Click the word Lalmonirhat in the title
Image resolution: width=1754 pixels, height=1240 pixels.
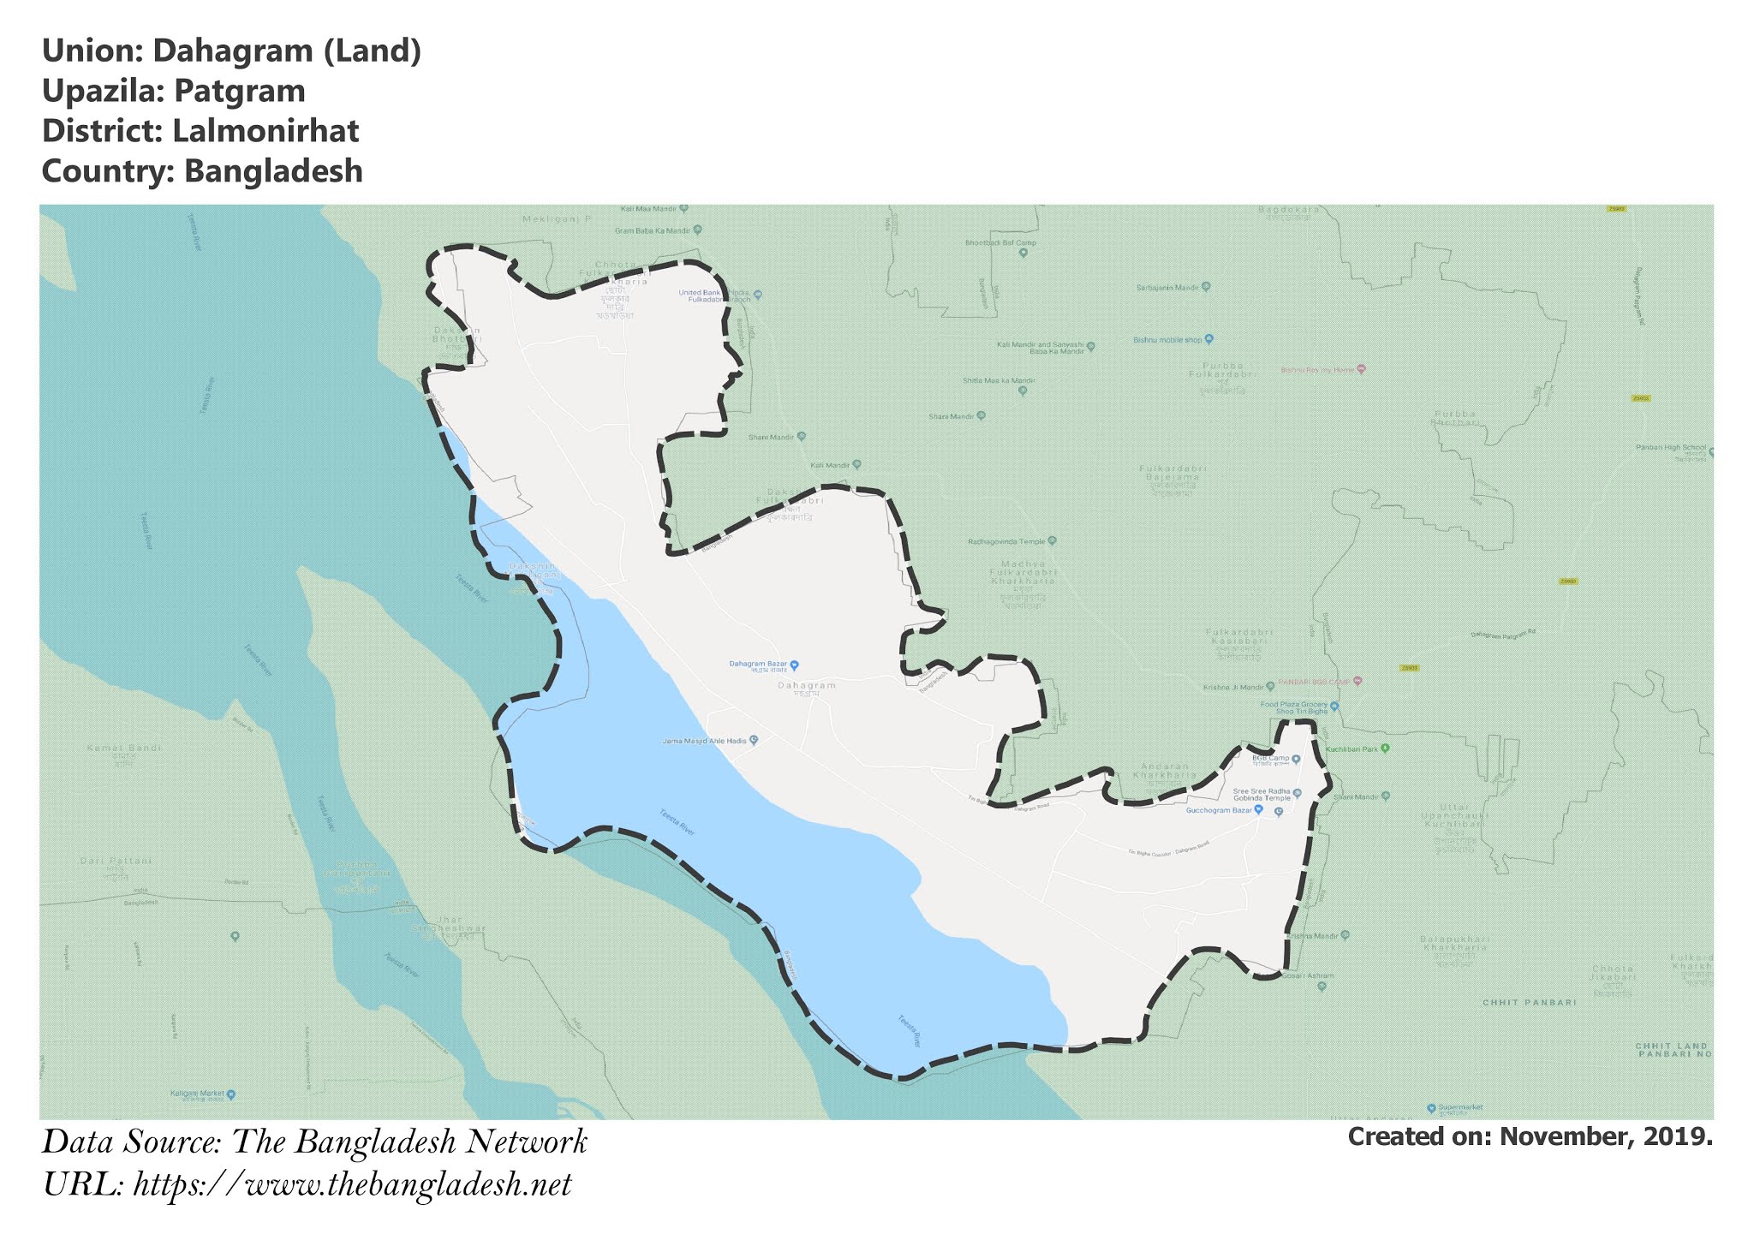pyautogui.click(x=265, y=131)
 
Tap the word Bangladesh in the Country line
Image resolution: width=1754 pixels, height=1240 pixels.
pyautogui.click(x=273, y=171)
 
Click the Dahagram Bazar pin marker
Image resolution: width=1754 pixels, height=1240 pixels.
pyautogui.click(x=794, y=665)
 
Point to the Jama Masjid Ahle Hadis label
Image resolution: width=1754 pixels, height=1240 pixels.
pyautogui.click(x=705, y=741)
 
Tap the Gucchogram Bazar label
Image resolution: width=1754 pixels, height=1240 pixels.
pyautogui.click(x=1219, y=810)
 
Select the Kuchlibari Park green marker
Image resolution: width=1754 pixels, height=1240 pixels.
pyautogui.click(x=1385, y=748)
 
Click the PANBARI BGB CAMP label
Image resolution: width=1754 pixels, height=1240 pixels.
pyautogui.click(x=1314, y=682)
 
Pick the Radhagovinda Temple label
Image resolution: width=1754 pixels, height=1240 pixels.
pyautogui.click(x=1006, y=541)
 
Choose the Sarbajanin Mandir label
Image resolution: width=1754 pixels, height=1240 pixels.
pyautogui.click(x=1167, y=287)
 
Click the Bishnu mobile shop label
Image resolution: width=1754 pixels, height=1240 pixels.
pyautogui.click(x=1167, y=340)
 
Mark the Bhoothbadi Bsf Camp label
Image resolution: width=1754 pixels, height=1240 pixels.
pyautogui.click(x=1000, y=242)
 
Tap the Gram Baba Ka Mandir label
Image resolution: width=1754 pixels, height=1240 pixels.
pyautogui.click(x=653, y=230)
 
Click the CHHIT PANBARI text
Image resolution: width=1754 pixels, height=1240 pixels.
pyautogui.click(x=1529, y=1002)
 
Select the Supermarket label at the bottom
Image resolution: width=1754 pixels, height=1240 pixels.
pyautogui.click(x=1460, y=1107)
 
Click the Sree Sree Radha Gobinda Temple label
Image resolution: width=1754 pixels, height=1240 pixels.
pyautogui.click(x=1261, y=794)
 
